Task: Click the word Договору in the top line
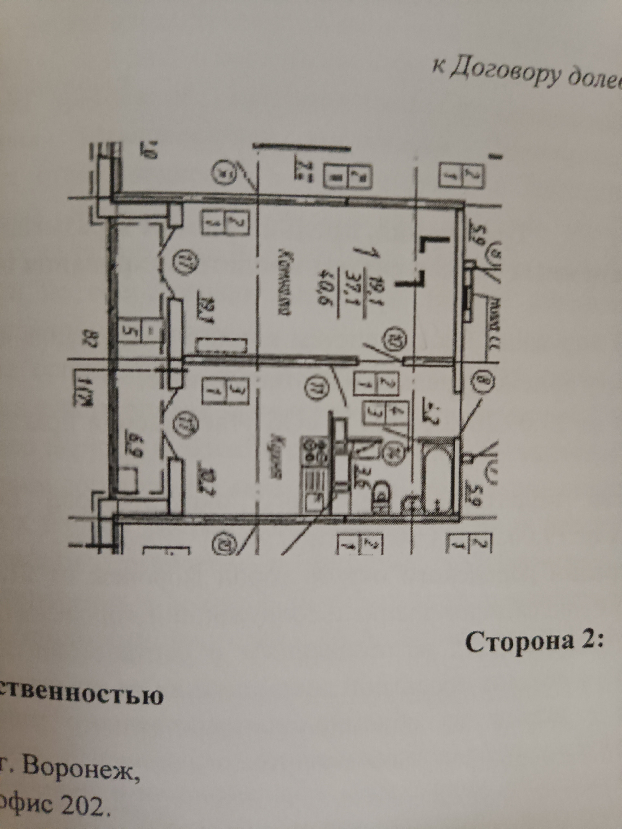(x=494, y=75)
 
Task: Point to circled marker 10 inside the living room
(x=393, y=336)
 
